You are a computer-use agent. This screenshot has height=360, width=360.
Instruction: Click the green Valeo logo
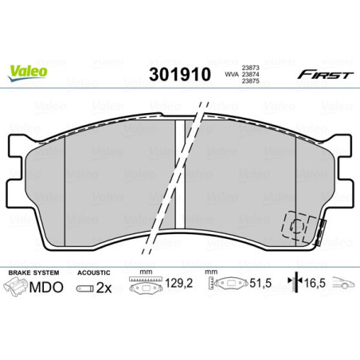point(29,70)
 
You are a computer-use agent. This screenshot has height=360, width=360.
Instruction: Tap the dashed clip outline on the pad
point(299,227)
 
